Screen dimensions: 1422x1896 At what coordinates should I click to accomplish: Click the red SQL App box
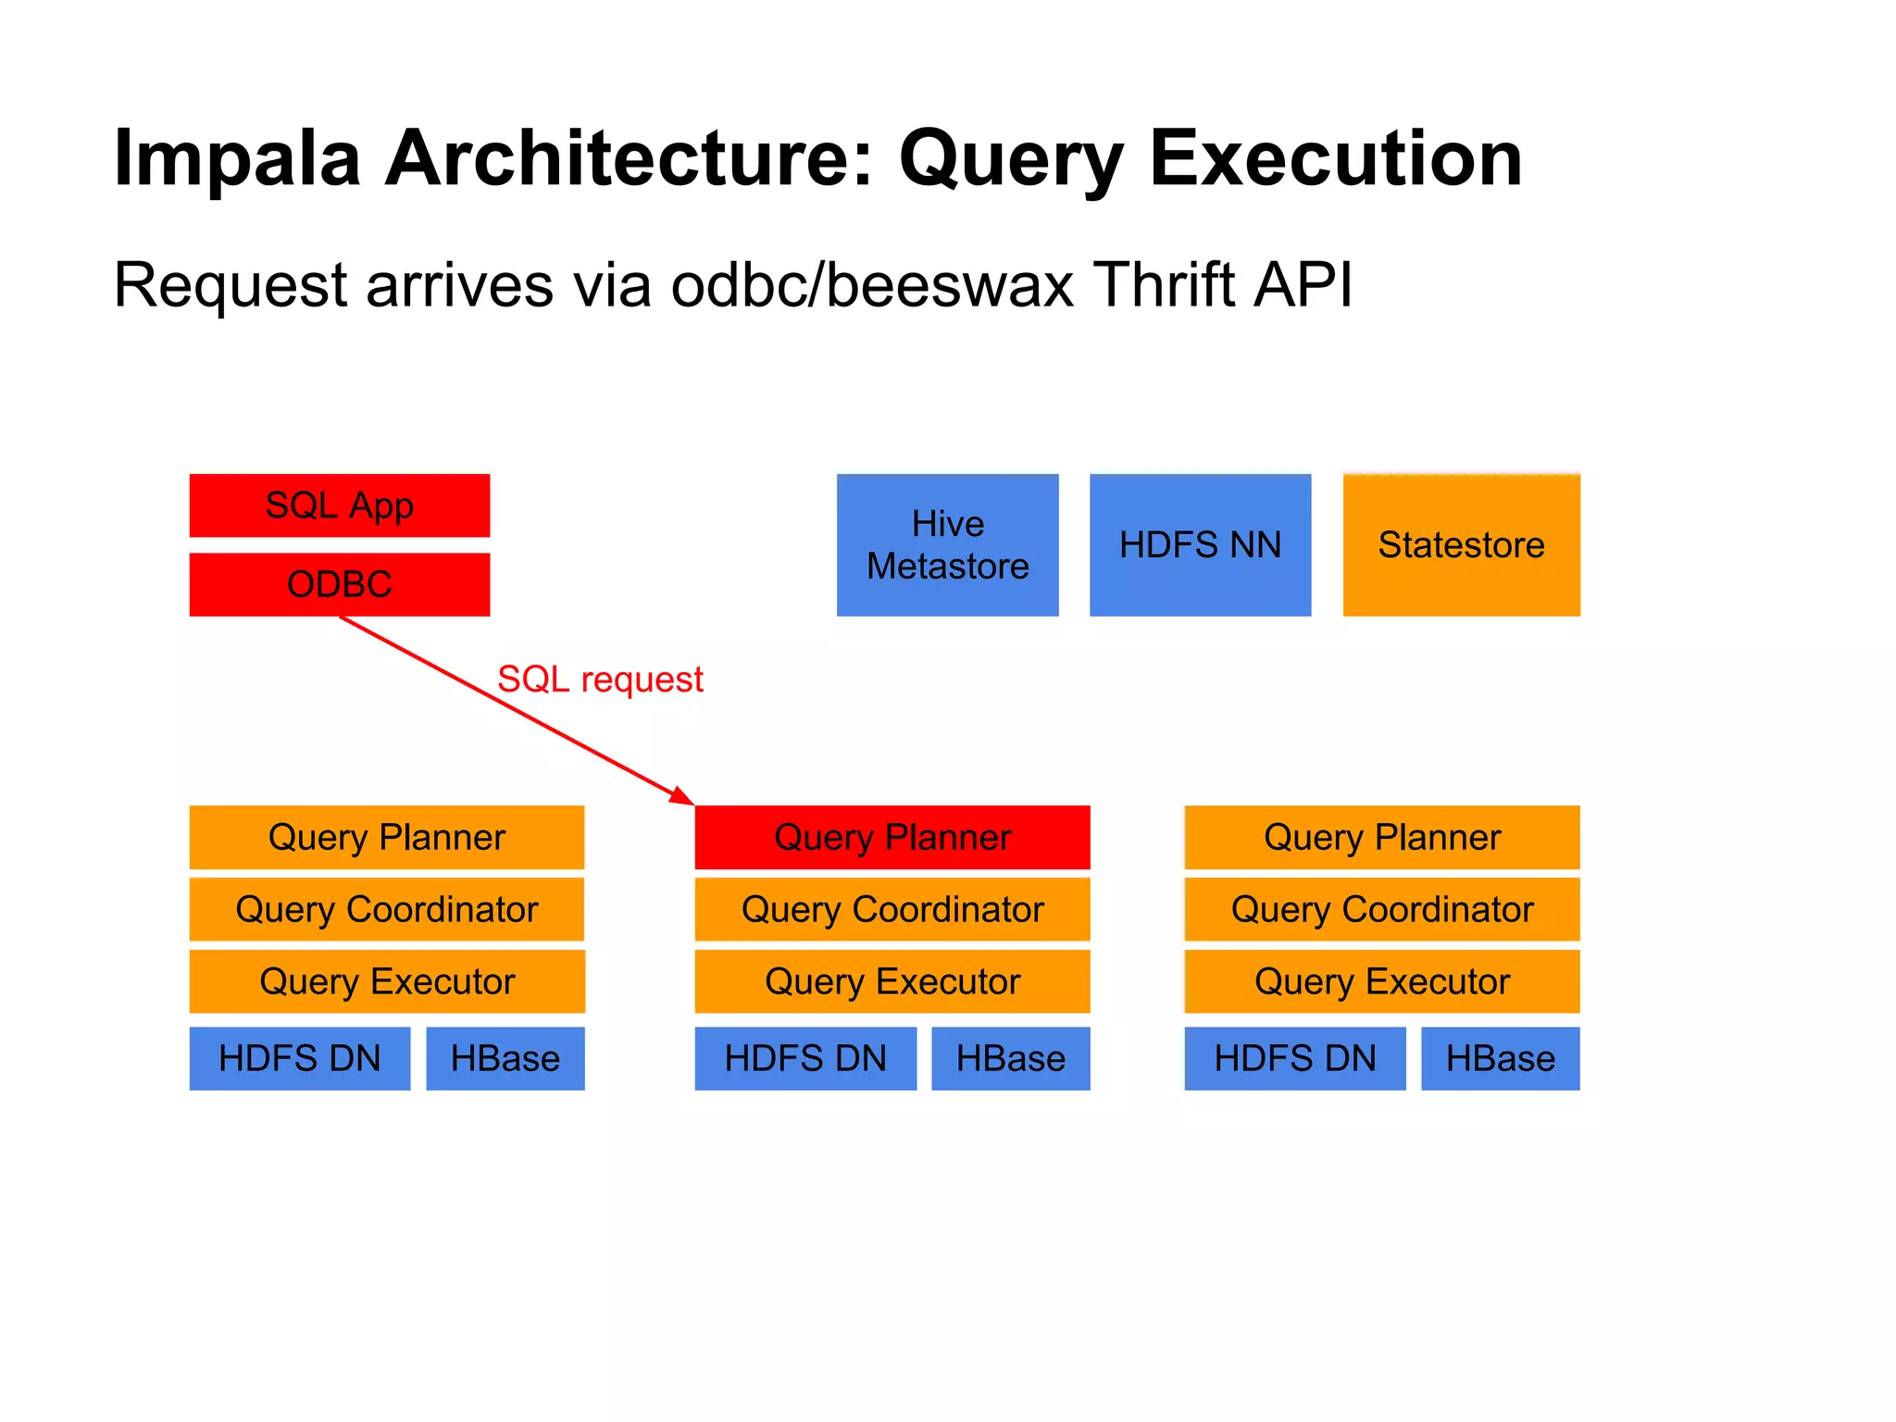click(339, 505)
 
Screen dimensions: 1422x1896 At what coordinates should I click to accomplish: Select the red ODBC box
click(339, 584)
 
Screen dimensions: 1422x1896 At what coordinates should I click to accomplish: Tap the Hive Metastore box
click(947, 544)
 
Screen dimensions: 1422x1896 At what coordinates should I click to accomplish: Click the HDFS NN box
click(1200, 544)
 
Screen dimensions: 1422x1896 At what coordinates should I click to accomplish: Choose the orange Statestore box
click(1461, 544)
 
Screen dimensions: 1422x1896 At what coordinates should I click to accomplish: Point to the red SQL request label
click(600, 680)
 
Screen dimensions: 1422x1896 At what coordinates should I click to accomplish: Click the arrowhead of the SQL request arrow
click(683, 797)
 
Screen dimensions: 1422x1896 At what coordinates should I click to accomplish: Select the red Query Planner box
click(892, 837)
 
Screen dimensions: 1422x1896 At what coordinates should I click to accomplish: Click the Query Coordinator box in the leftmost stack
click(386, 909)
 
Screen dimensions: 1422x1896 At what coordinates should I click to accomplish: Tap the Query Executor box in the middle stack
click(892, 981)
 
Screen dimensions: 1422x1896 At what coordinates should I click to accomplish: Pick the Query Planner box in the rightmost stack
click(1381, 837)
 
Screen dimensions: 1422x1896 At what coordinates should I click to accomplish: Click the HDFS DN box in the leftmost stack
click(299, 1058)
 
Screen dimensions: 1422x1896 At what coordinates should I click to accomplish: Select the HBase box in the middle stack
click(1010, 1058)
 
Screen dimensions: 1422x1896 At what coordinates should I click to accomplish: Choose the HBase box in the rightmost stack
click(1500, 1058)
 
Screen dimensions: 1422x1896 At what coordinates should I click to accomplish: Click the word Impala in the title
click(236, 159)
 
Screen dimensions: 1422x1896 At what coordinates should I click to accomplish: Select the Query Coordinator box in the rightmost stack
click(1381, 909)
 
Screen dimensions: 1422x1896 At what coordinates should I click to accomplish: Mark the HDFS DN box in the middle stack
click(805, 1058)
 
